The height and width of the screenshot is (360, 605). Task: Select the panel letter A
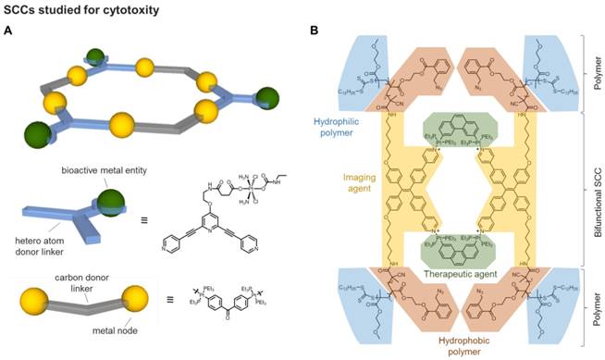pos(8,31)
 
